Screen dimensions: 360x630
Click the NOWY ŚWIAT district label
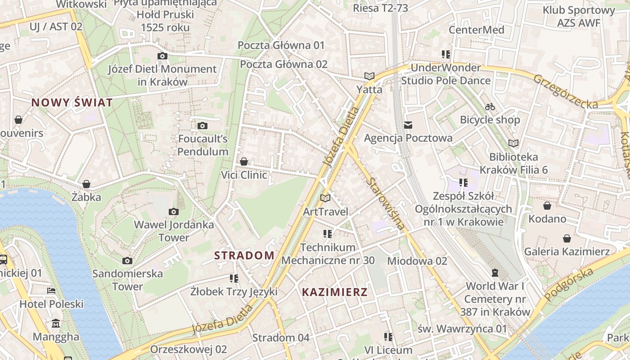click(x=72, y=103)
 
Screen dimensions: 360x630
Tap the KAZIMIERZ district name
click(x=334, y=292)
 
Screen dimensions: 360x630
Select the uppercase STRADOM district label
click(x=244, y=256)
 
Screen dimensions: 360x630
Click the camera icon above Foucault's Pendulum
click(x=202, y=126)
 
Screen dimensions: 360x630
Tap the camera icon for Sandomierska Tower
click(x=127, y=261)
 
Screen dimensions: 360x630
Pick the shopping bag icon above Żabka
click(x=86, y=184)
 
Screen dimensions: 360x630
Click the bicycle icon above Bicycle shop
click(x=490, y=107)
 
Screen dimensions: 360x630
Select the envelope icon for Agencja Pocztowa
click(x=408, y=125)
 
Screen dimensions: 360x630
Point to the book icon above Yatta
click(x=369, y=76)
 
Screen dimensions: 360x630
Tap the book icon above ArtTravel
click(x=325, y=198)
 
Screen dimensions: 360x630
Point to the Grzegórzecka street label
click(x=566, y=91)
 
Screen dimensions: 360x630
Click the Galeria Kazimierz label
click(x=567, y=252)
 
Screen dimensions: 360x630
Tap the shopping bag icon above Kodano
click(x=547, y=206)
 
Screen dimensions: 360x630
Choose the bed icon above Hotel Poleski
click(x=51, y=291)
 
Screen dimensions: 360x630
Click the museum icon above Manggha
click(x=56, y=324)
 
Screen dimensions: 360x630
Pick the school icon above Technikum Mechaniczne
click(x=328, y=234)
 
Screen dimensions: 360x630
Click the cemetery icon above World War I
click(x=495, y=273)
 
